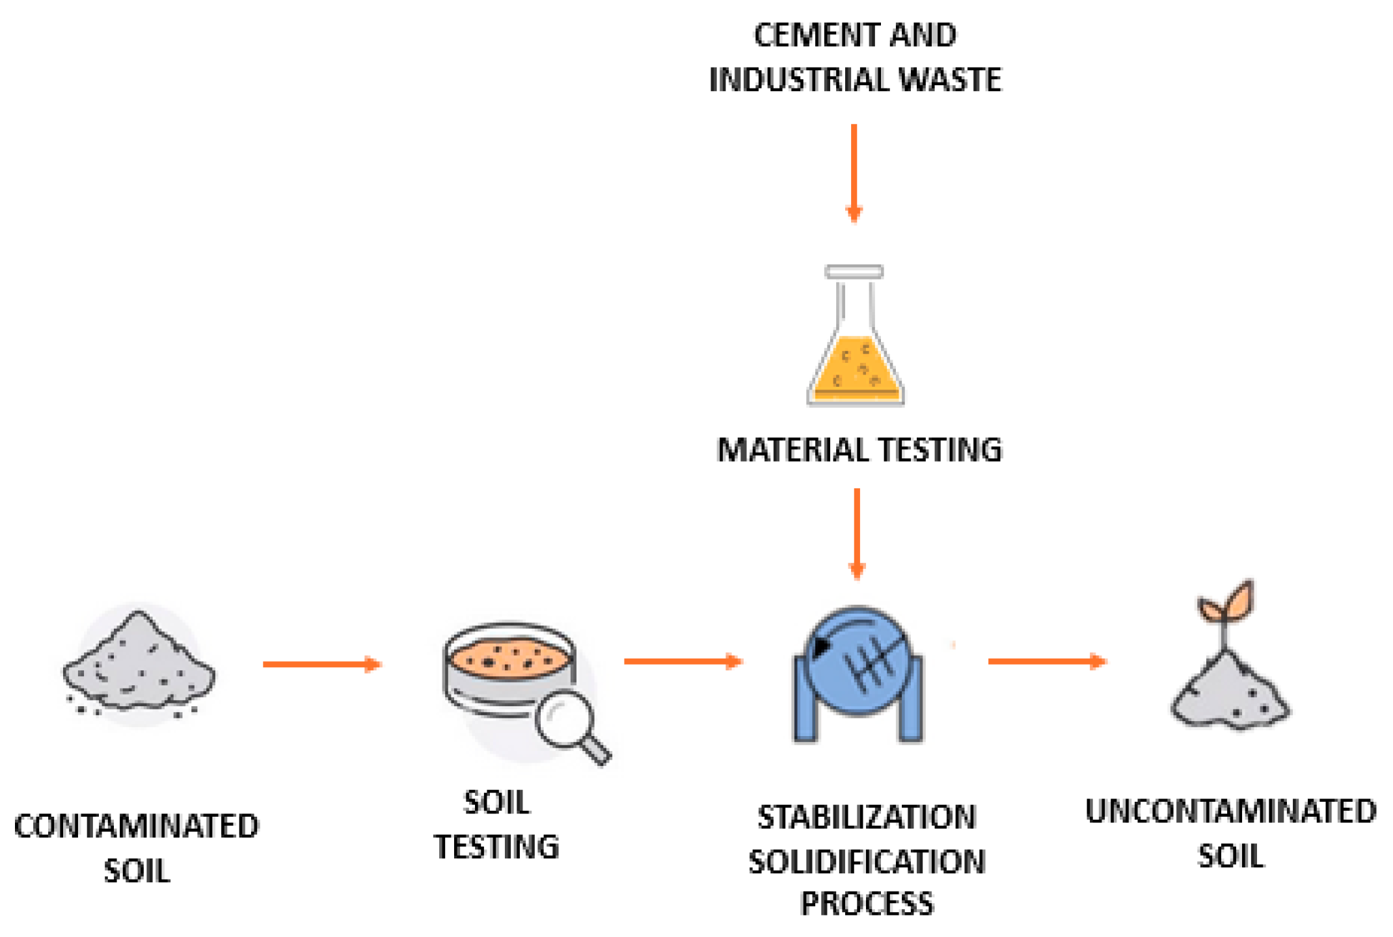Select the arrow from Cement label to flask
point(854,172)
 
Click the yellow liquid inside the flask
point(855,371)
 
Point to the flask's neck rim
point(854,271)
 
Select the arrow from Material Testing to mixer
point(857,533)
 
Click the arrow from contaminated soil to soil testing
point(321,664)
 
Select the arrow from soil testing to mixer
point(683,661)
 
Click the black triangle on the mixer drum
point(820,646)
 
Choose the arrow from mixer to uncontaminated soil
point(1046,661)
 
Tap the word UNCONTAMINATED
point(1230,812)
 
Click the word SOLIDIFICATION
point(867,862)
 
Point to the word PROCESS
point(867,904)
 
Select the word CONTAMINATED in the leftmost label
point(137,826)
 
